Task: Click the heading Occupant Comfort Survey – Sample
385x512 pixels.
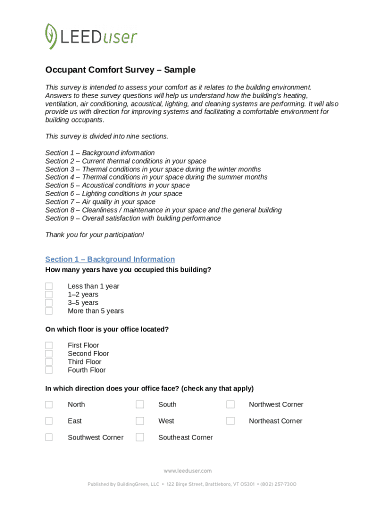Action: coord(120,70)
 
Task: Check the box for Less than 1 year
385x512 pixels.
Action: coord(49,286)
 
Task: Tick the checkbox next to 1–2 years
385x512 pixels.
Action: coord(49,294)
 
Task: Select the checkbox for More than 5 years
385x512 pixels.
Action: coord(49,311)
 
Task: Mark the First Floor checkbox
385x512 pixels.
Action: coord(49,345)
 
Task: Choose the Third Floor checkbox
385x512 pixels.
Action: coord(49,362)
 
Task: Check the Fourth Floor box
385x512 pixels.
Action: coord(49,370)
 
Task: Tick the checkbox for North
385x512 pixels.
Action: coord(49,404)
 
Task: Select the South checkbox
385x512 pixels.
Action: coord(140,404)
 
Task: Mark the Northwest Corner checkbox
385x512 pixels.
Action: coord(230,404)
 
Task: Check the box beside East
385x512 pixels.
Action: coord(49,421)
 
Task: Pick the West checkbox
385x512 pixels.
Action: coord(140,421)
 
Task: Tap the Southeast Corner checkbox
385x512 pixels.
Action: coord(140,437)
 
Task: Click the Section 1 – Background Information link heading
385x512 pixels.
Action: coord(110,259)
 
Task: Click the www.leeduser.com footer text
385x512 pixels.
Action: coord(187,471)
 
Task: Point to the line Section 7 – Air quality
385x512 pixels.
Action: coord(100,202)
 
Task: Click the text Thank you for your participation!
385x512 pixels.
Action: coord(94,234)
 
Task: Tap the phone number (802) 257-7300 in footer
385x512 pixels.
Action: coord(278,484)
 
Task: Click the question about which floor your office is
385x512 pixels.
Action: coord(107,329)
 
